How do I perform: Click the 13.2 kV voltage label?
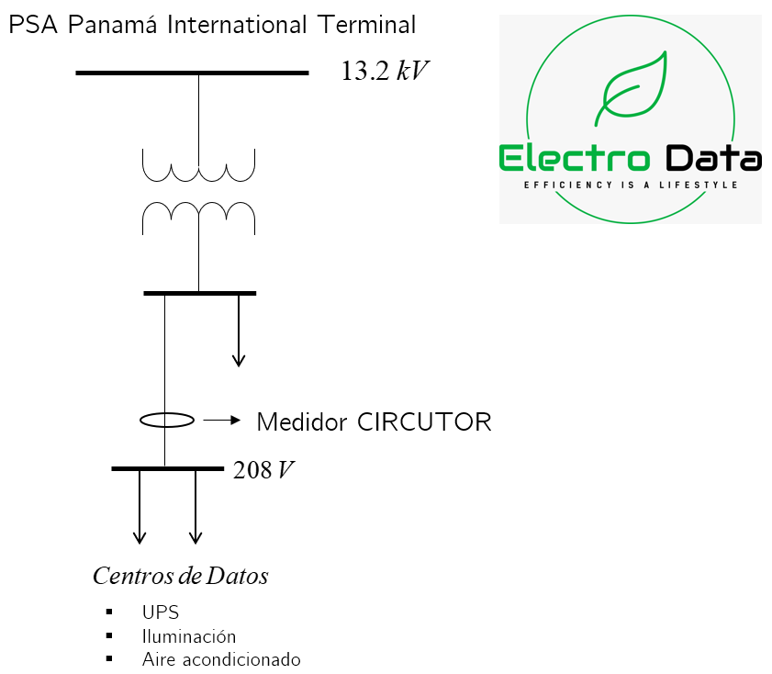(x=385, y=72)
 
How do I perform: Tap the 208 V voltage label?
(x=263, y=470)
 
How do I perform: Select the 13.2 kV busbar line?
(x=192, y=73)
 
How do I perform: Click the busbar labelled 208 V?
(x=167, y=469)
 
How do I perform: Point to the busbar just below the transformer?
(x=199, y=293)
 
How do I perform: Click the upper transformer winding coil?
(x=198, y=166)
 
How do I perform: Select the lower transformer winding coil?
(x=198, y=217)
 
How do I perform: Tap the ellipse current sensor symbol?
(x=167, y=421)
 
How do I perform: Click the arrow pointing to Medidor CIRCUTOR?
(x=221, y=421)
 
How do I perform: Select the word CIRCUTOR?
(x=424, y=422)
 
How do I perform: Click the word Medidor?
(x=302, y=422)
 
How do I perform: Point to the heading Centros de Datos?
(x=181, y=577)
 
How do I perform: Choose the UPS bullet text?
(x=160, y=612)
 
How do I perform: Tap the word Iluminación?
(x=189, y=635)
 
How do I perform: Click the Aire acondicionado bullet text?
(x=221, y=659)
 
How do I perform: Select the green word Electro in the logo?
(x=575, y=158)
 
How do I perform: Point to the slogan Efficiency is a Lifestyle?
(x=631, y=185)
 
